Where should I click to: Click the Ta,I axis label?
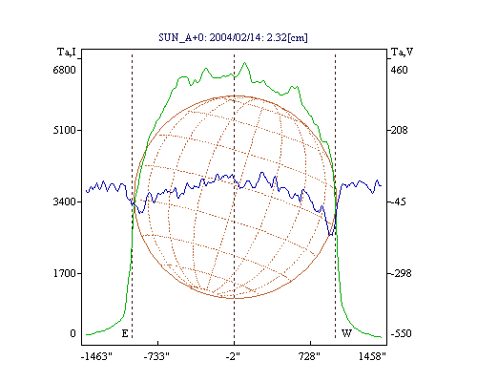tap(67, 52)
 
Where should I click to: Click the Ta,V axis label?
tap(403, 52)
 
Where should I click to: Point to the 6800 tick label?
tap(65, 70)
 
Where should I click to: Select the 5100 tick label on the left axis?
tap(65, 130)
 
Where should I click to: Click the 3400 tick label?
tap(65, 202)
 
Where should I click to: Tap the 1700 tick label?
tap(65, 273)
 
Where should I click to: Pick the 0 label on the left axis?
tap(73, 333)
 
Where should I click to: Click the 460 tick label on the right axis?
tap(399, 70)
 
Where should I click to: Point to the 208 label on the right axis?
tap(399, 130)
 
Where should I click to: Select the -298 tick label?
tap(401, 273)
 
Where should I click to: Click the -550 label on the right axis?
tap(401, 333)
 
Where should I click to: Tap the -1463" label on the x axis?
tap(96, 356)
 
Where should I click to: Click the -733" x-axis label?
tap(156, 356)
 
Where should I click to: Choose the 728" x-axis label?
tap(309, 356)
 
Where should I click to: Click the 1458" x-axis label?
tap(372, 356)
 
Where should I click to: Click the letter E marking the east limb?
tap(125, 333)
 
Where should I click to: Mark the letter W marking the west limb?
tap(346, 333)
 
